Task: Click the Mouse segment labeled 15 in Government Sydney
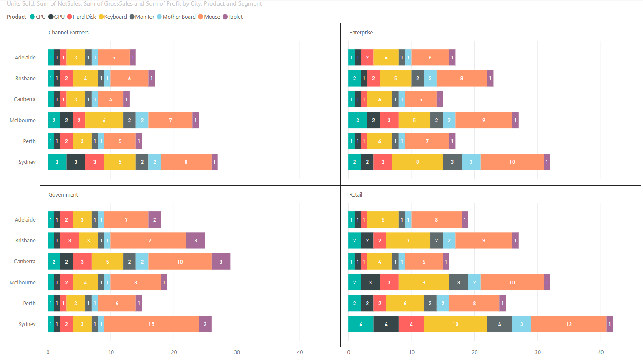[152, 324]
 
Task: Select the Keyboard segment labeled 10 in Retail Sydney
[455, 324]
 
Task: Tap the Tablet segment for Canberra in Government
[221, 262]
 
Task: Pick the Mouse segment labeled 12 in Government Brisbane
[148, 240]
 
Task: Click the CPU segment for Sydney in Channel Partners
[57, 162]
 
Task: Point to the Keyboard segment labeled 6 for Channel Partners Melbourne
[104, 120]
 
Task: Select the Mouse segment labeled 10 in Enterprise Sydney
[512, 162]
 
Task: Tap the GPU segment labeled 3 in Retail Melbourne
[370, 282]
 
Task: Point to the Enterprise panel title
[361, 33]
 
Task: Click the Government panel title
[63, 195]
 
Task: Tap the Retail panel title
[355, 195]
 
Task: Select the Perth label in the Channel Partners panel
[29, 141]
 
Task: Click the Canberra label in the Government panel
[25, 262]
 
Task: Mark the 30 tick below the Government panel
[237, 352]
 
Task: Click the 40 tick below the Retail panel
[601, 352]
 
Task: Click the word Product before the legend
[17, 17]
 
